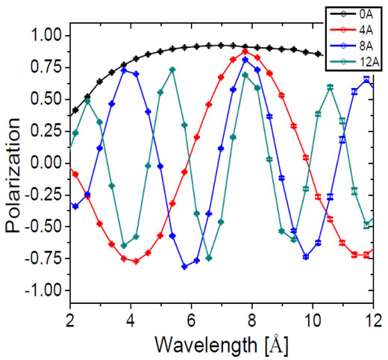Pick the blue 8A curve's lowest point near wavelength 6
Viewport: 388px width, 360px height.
pos(184,267)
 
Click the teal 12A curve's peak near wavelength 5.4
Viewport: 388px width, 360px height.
pos(172,69)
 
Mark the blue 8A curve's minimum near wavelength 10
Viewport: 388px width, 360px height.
pos(306,256)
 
